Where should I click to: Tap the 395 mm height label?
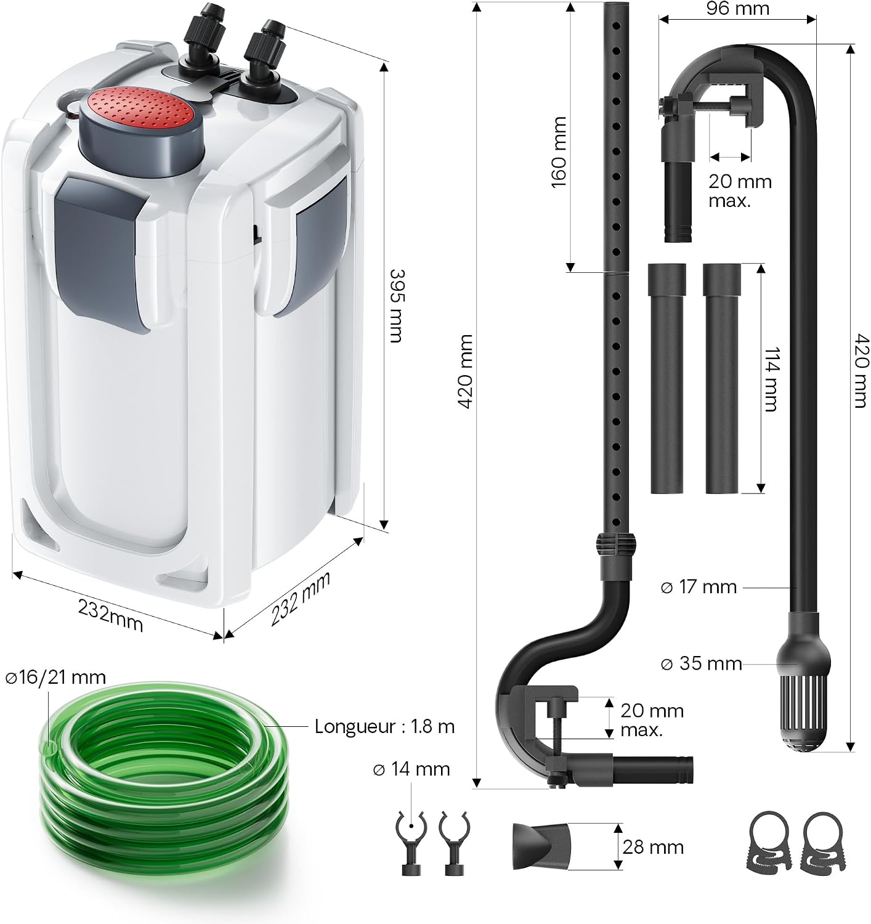point(396,306)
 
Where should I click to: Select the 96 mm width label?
point(737,9)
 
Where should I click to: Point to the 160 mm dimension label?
point(559,153)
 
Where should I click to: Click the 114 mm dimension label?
point(772,379)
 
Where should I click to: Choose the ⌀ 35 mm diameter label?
point(701,663)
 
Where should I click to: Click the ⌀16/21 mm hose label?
point(56,678)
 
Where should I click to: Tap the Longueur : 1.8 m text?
point(384,727)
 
